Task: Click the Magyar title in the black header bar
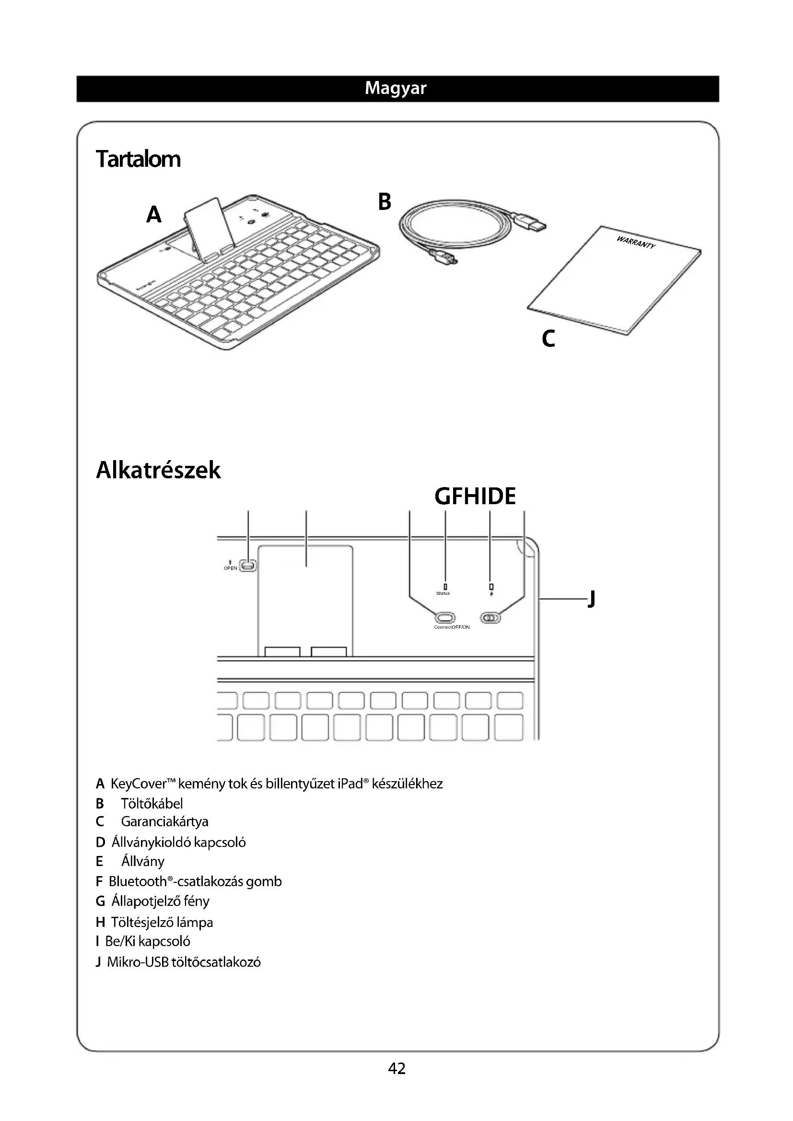point(396,88)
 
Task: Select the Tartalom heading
point(138,159)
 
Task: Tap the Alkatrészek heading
point(158,470)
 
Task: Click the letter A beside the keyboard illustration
point(154,214)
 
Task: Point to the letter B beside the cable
point(385,202)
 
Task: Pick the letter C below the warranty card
point(548,338)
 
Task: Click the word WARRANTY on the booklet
point(635,242)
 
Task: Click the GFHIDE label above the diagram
point(475,497)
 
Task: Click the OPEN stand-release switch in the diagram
point(248,566)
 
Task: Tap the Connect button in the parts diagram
point(445,618)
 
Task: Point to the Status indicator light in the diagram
point(445,586)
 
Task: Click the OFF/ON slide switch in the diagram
point(491,618)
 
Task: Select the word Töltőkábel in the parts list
point(152,804)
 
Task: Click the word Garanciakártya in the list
point(164,822)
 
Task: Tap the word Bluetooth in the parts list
point(138,881)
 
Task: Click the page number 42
point(396,1069)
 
